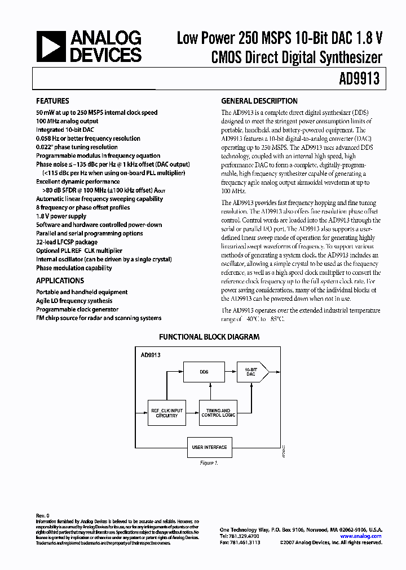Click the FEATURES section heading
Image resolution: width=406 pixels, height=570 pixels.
coord(53,101)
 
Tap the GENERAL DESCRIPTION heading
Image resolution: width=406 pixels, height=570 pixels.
coord(259,101)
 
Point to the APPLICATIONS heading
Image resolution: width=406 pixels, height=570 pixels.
coord(60,280)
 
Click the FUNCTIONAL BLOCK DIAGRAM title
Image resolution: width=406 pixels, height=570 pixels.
coord(209,337)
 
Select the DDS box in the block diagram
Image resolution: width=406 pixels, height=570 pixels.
coord(204,372)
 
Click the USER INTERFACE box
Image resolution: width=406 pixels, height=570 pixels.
coord(209,447)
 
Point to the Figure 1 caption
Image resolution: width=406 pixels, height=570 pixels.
coord(208,463)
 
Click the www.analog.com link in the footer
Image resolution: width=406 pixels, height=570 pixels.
coord(365,536)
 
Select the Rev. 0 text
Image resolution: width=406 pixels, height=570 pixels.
coord(43,515)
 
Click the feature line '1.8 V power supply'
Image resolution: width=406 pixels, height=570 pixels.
coord(61,216)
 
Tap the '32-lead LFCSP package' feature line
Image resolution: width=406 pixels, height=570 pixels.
coord(67,242)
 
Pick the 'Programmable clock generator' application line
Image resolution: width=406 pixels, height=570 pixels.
coord(77,309)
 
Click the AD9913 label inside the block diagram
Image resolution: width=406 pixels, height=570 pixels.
coord(151,356)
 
